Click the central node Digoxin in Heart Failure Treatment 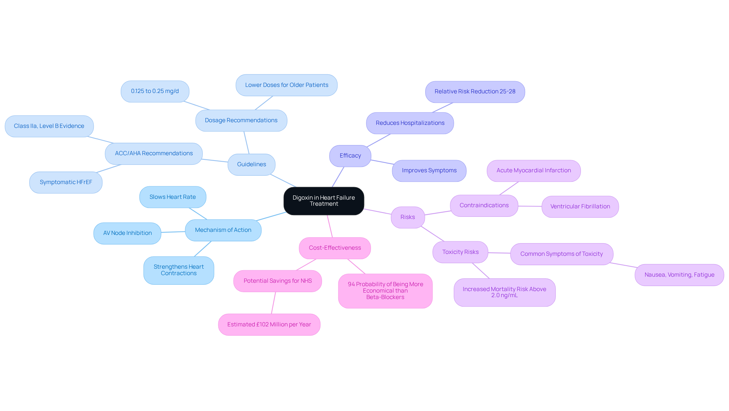(x=323, y=201)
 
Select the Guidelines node (x=251, y=164)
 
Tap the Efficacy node (x=350, y=156)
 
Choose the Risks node (x=407, y=217)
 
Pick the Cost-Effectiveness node (x=335, y=248)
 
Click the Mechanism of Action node (x=223, y=230)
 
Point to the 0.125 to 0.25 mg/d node (x=155, y=91)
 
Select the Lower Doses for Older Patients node (x=286, y=85)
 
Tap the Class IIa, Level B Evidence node (x=49, y=126)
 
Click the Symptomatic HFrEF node (x=66, y=182)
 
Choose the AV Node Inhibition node (x=127, y=233)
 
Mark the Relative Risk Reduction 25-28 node (x=475, y=91)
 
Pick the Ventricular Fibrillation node (x=580, y=206)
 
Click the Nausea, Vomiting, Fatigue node (x=679, y=275)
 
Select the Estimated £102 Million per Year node (x=269, y=324)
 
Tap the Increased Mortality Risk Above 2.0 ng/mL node (x=504, y=292)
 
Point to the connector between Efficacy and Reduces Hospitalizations (x=379, y=140)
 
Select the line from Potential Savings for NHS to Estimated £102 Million (x=273, y=303)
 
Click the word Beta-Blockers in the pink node (x=385, y=297)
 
